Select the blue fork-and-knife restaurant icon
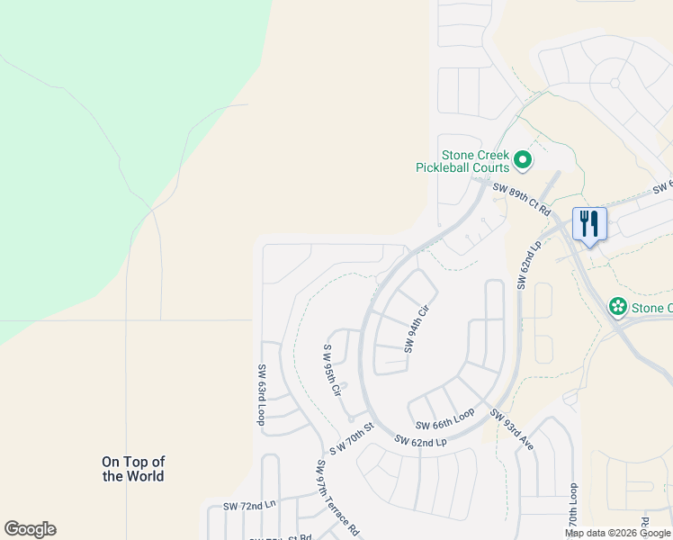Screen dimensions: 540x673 pos(590,223)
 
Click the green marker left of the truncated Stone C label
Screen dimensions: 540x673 pos(618,307)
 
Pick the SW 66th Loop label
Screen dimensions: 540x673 pos(444,419)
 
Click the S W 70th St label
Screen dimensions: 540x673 pos(351,437)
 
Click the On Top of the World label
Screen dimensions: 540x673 pos(133,469)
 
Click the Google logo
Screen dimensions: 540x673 pos(30,529)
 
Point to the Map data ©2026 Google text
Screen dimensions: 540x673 pos(618,533)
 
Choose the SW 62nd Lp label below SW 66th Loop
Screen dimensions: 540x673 pos(420,441)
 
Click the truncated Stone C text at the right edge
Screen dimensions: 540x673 pos(651,308)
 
